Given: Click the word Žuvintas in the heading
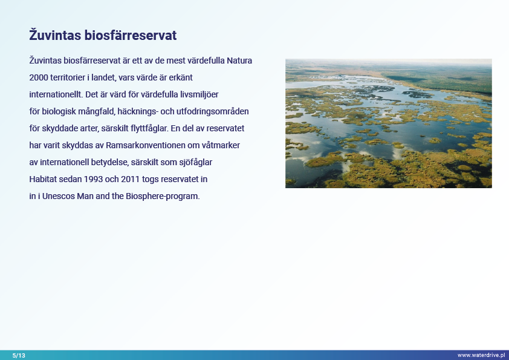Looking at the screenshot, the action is [55, 34].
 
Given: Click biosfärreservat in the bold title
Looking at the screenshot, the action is [131, 35].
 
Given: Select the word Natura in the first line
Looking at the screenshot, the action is [239, 61].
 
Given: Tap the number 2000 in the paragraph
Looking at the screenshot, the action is [39, 77].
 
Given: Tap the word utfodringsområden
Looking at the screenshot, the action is [213, 111].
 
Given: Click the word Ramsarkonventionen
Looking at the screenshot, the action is [146, 145].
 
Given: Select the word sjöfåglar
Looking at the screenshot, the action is [196, 163].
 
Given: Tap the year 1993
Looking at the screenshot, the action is [93, 179].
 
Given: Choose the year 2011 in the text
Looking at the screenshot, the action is [130, 179].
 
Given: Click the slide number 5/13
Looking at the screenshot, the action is [19, 355].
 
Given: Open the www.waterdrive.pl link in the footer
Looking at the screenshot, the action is [481, 355].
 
